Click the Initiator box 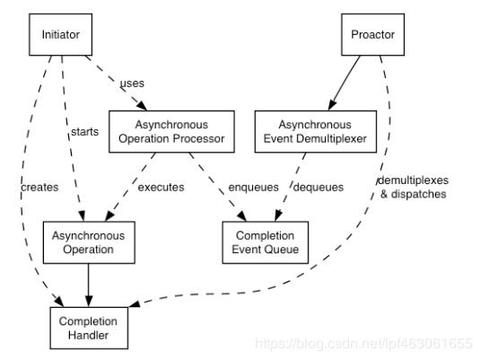pos(61,36)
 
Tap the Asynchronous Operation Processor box pos(171,131)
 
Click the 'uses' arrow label pos(132,83)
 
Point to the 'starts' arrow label pos(83,132)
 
